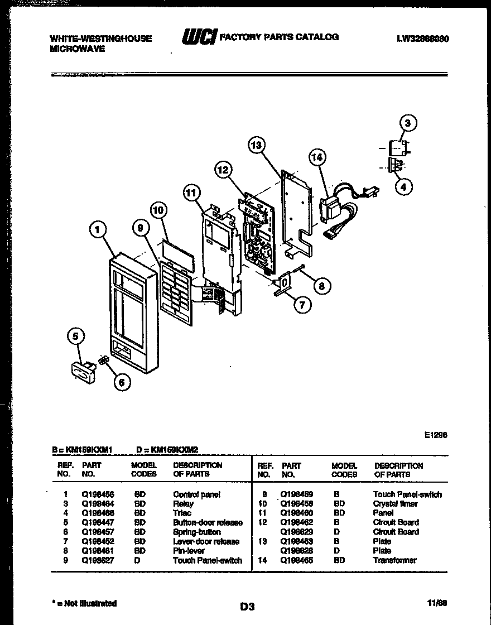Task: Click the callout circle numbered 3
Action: [x=408, y=123]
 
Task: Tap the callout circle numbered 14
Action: [x=317, y=158]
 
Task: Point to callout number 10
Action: [x=159, y=210]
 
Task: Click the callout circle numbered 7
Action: [x=302, y=305]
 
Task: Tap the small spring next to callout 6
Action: [x=103, y=362]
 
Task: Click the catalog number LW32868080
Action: [x=423, y=39]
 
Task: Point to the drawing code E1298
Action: [x=436, y=434]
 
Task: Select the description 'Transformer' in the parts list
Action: [x=394, y=560]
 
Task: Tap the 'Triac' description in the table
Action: [x=182, y=513]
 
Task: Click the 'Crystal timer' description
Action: [x=395, y=503]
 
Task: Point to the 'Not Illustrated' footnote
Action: [x=84, y=603]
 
